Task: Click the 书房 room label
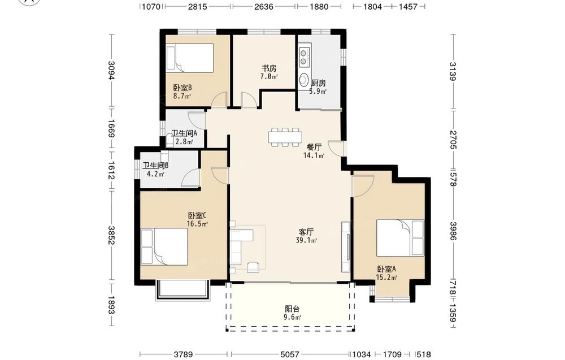pyautogui.click(x=269, y=68)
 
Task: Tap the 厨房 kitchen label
pyautogui.click(x=319, y=83)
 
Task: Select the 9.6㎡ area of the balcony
pyautogui.click(x=293, y=318)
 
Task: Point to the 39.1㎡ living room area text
pyautogui.click(x=306, y=240)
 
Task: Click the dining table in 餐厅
pyautogui.click(x=285, y=137)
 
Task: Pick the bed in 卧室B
pyautogui.click(x=189, y=58)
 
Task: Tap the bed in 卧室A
pyautogui.click(x=401, y=238)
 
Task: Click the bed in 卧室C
pyautogui.click(x=164, y=247)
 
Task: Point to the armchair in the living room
pyautogui.click(x=253, y=267)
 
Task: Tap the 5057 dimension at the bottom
pyautogui.click(x=290, y=354)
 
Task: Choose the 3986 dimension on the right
pyautogui.click(x=453, y=231)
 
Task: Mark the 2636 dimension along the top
pyautogui.click(x=264, y=6)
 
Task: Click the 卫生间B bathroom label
pyautogui.click(x=155, y=166)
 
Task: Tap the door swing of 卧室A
pyautogui.click(x=363, y=186)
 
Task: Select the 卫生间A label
pyautogui.click(x=184, y=133)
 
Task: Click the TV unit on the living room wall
pyautogui.click(x=346, y=247)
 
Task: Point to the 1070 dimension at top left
pyautogui.click(x=151, y=6)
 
